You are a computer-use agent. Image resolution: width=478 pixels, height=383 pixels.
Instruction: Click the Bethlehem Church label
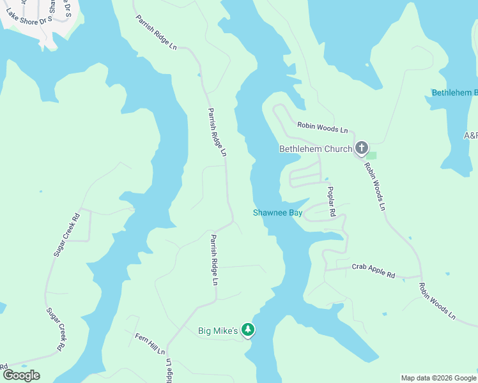tap(316, 149)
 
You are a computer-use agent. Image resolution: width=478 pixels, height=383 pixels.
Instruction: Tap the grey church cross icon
tap(361, 149)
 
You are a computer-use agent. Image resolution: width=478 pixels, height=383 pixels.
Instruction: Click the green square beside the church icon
tap(371, 155)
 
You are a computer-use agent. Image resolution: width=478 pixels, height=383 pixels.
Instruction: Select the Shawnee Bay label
tap(277, 213)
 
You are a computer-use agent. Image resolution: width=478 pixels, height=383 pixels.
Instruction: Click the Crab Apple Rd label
tap(373, 271)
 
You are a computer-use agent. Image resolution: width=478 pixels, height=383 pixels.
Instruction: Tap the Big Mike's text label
tap(217, 331)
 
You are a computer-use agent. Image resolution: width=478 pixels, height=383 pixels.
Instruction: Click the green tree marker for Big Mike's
tap(248, 330)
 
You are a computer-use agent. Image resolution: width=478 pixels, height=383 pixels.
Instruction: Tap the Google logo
tap(21, 375)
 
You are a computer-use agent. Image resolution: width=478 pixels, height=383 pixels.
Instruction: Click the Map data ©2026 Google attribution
tap(438, 378)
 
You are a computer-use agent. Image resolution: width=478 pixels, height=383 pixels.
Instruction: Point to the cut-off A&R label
tap(470, 135)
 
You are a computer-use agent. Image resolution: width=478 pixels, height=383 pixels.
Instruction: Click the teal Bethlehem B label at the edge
tap(454, 93)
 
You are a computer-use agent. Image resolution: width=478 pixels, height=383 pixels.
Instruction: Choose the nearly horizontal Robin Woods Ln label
tap(322, 128)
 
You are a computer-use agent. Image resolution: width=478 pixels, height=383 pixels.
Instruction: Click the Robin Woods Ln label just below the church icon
tap(374, 186)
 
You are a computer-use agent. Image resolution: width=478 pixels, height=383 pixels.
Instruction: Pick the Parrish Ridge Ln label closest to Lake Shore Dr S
tap(156, 34)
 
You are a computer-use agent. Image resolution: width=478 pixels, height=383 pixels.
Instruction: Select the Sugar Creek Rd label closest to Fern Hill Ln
tap(56, 329)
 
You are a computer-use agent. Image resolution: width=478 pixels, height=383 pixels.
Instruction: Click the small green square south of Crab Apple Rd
tap(385, 314)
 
